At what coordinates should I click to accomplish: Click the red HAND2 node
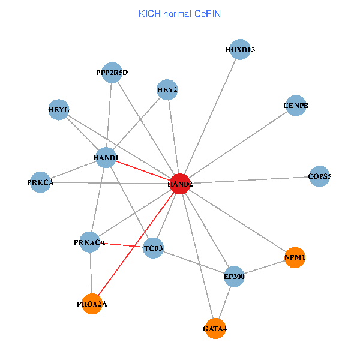(181, 183)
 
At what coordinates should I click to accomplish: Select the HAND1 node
(106, 157)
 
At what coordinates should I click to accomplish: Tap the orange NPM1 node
(295, 257)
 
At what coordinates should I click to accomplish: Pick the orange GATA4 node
(215, 328)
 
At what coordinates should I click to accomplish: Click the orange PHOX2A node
(92, 304)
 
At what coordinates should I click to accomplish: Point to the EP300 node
(233, 276)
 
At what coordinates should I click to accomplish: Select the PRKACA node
(90, 242)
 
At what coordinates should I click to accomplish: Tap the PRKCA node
(40, 182)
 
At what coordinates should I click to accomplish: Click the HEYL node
(58, 110)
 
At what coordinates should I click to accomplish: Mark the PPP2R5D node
(112, 73)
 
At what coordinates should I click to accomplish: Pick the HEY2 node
(167, 90)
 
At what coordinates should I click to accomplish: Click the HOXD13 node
(240, 49)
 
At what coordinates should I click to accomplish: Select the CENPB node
(296, 106)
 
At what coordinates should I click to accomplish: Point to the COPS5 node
(319, 176)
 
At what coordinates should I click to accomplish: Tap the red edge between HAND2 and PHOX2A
(136, 244)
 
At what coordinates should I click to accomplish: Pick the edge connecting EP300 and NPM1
(264, 267)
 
